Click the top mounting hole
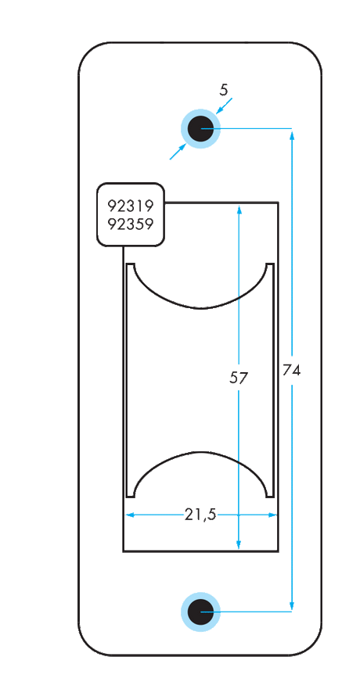pos(200,129)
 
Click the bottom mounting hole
pos(200,611)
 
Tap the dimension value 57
pos(239,379)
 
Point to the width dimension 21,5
pos(200,514)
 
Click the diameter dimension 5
pos(224,90)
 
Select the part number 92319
pos(130,206)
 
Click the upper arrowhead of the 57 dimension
pos(239,210)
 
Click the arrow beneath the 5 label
pos(221,109)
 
